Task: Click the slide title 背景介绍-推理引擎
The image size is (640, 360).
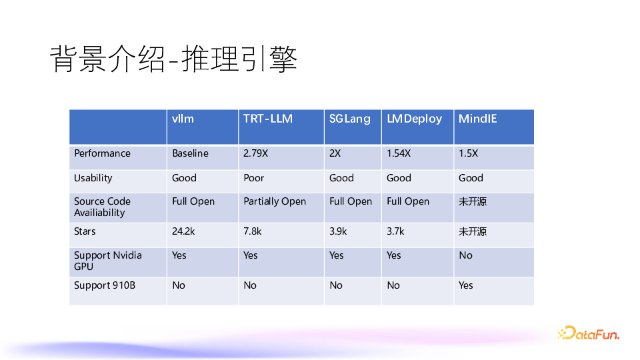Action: pyautogui.click(x=173, y=59)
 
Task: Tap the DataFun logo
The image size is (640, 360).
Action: pyautogui.click(x=588, y=333)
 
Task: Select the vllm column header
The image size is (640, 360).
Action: pyautogui.click(x=183, y=119)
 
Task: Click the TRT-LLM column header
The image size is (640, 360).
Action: pyautogui.click(x=267, y=119)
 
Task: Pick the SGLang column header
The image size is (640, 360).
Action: pyautogui.click(x=349, y=119)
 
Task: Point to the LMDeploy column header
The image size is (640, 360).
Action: pyautogui.click(x=414, y=119)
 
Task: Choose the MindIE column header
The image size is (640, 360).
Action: pyautogui.click(x=477, y=119)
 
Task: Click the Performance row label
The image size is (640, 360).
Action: pyautogui.click(x=102, y=153)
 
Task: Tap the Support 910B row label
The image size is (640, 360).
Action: pyautogui.click(x=105, y=285)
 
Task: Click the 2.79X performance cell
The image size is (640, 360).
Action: pyautogui.click(x=256, y=153)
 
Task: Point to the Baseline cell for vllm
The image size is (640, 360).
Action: pyautogui.click(x=190, y=153)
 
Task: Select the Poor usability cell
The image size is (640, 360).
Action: pyautogui.click(x=253, y=178)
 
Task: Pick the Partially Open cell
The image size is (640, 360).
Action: pyautogui.click(x=275, y=201)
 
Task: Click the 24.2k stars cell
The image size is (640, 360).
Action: pyautogui.click(x=183, y=231)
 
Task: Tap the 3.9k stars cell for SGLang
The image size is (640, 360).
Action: pyautogui.click(x=338, y=231)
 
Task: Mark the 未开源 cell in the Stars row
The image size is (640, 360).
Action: pyautogui.click(x=473, y=231)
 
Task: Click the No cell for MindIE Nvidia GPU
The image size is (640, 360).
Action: pyautogui.click(x=465, y=255)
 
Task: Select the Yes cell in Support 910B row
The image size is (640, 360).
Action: pyautogui.click(x=465, y=285)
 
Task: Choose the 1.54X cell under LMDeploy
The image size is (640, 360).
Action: pyautogui.click(x=399, y=153)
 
